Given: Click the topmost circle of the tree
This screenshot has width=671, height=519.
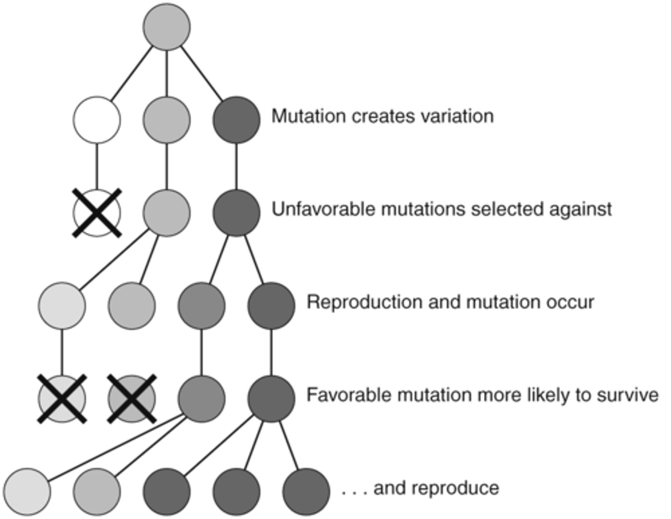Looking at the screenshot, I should pyautogui.click(x=166, y=27).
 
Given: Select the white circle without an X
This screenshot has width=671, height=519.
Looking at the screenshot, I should pyautogui.click(x=97, y=120).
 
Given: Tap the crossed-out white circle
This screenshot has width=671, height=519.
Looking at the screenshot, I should pyautogui.click(x=97, y=213).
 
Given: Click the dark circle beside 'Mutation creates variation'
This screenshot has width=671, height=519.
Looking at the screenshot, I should pyautogui.click(x=237, y=120).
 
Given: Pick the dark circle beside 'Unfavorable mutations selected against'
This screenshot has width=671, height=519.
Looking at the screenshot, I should pyautogui.click(x=237, y=213).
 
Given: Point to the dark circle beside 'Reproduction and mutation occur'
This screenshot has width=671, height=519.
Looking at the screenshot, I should pyautogui.click(x=271, y=306).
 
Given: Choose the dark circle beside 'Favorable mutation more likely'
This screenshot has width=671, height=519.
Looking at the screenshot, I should pyautogui.click(x=271, y=399).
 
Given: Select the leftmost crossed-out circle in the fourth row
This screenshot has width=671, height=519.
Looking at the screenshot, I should pyautogui.click(x=62, y=399).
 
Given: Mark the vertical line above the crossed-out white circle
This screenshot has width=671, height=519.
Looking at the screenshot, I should pyautogui.click(x=97, y=166).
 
